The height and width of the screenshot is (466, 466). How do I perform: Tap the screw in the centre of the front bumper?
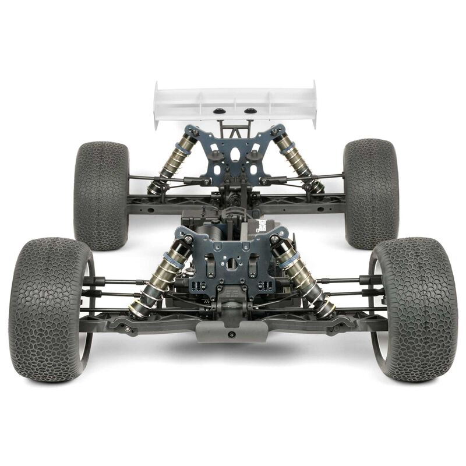tap(231, 335)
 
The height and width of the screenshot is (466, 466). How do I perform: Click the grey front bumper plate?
tap(231, 331)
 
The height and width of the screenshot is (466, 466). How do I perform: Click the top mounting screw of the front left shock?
tap(188, 239)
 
